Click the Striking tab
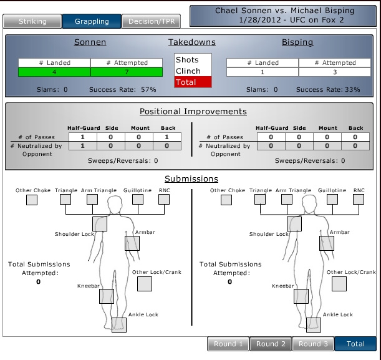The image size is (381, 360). coord(32,21)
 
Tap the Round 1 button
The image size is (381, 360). coord(228,344)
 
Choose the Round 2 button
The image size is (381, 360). coord(271,344)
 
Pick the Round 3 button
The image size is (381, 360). coord(313,344)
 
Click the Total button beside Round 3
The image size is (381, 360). coord(355,344)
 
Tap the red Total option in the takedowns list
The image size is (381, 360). coord(193,82)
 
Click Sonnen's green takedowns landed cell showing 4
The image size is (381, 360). coord(54,72)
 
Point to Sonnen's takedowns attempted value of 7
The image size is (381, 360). coord(127,72)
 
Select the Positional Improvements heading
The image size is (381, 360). coord(193,112)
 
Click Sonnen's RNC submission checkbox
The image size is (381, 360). coord(164,200)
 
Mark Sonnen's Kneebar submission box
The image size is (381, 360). coord(106,296)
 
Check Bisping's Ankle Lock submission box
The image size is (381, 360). coord(313,325)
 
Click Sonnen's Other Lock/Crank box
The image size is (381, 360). coord(144,284)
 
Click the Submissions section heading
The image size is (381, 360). coord(191,178)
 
